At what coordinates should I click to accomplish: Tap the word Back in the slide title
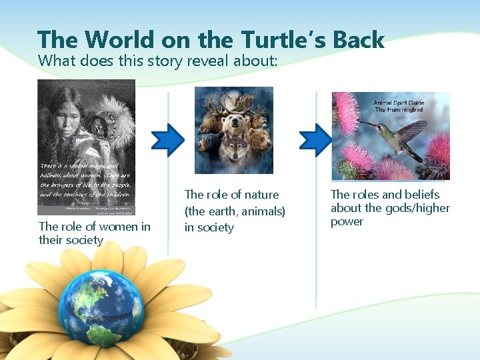(x=358, y=40)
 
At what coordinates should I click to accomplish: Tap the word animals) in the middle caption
(x=263, y=211)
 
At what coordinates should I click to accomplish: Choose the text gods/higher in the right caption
(x=418, y=208)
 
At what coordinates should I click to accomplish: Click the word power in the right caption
(x=347, y=221)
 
